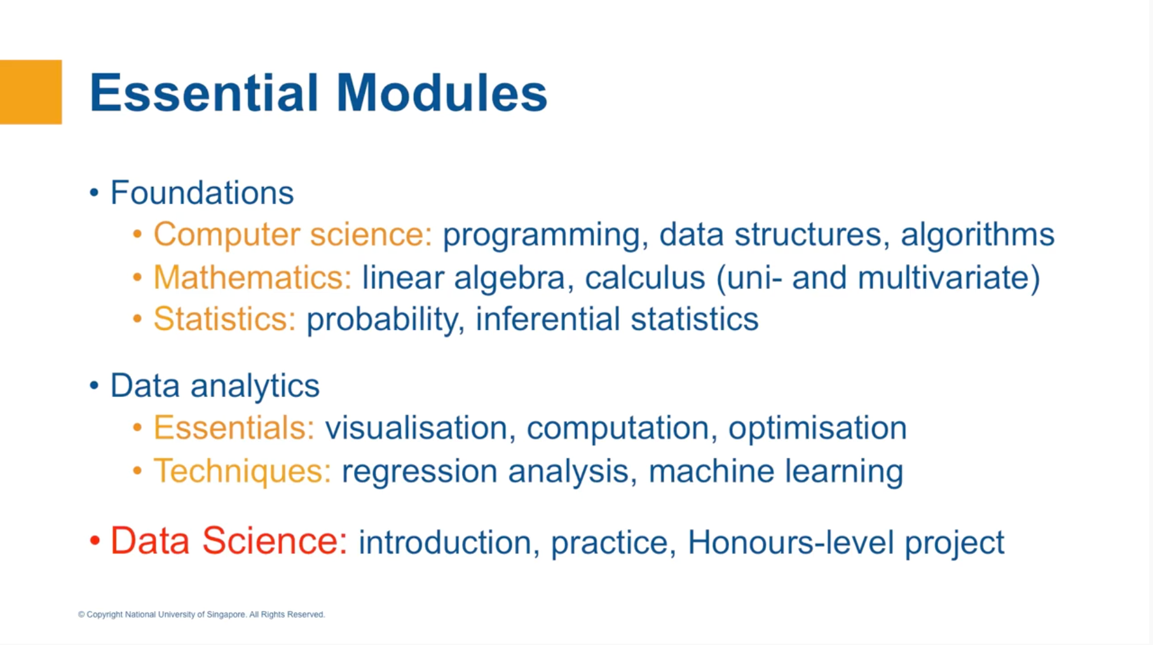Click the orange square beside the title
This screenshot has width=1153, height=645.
tap(31, 92)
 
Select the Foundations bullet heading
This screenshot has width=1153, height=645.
tap(201, 193)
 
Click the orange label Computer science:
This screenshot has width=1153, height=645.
tap(292, 234)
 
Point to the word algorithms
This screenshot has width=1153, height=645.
tap(977, 234)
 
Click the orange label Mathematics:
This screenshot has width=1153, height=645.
tap(252, 277)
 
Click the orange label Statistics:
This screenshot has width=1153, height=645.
tap(224, 319)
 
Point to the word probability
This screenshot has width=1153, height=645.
tap(381, 319)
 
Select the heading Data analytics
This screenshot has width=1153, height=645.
tap(214, 386)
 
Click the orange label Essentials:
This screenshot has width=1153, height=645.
tap(233, 427)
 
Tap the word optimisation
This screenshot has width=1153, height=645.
tap(817, 427)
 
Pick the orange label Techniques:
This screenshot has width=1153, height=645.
tap(242, 471)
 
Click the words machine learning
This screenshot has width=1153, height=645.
tap(775, 471)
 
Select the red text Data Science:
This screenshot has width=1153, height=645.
tap(228, 541)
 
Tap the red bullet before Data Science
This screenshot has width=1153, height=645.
tap(95, 541)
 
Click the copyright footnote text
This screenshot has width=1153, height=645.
tap(201, 614)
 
